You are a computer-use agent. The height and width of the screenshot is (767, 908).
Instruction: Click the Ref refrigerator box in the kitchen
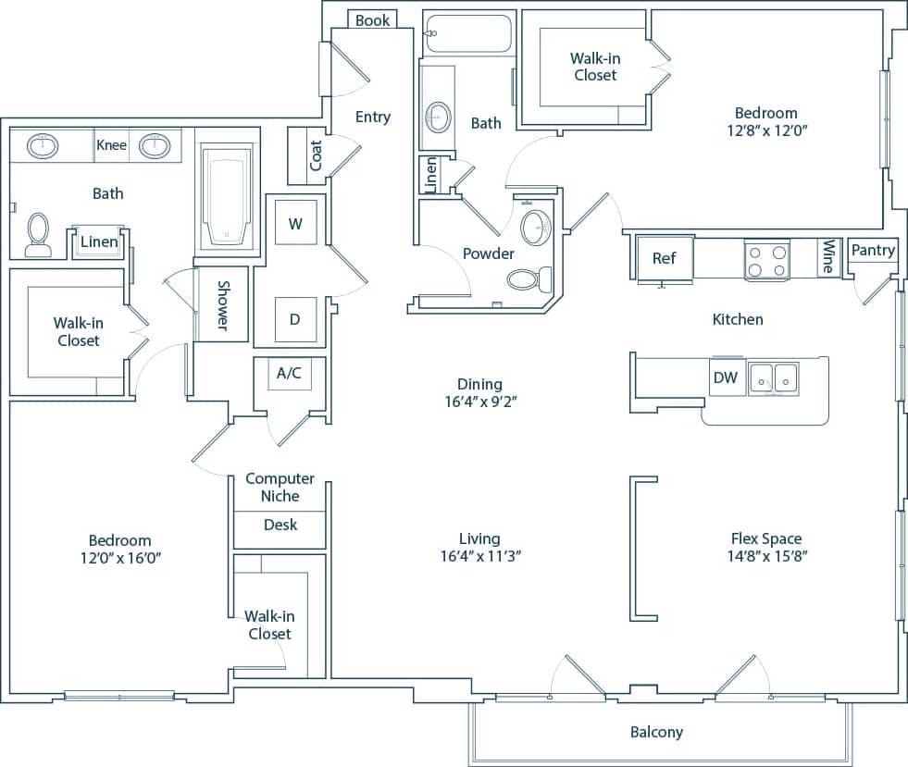point(664,258)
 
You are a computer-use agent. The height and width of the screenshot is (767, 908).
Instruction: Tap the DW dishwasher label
point(726,377)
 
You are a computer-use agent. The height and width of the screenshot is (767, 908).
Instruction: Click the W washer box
point(295,223)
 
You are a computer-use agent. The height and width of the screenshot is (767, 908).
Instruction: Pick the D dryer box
point(295,319)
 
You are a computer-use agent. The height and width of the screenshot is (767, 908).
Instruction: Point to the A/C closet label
point(289,374)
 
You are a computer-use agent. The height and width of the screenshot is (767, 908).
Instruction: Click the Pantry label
point(873,251)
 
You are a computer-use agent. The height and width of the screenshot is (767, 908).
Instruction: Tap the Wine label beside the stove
point(828,257)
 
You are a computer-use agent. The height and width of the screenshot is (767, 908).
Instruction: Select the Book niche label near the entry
point(372,19)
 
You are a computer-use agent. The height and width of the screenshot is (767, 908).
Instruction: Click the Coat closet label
point(316,155)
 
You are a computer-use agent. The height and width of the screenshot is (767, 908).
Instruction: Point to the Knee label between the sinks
point(111,145)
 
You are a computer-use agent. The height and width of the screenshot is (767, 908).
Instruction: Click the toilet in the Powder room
point(530,278)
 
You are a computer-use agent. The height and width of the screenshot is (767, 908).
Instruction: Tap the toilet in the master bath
point(38,234)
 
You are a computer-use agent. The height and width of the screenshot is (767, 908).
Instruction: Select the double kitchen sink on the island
point(774,377)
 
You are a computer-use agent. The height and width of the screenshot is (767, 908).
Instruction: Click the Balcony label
point(656,732)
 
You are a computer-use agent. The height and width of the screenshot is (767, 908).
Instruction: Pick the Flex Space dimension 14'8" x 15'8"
point(765,557)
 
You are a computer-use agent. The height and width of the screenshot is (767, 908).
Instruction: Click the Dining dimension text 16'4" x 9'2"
point(479,402)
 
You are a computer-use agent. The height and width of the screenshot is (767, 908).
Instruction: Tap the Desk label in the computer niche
point(280,525)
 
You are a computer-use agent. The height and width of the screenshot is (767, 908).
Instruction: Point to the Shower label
point(223,304)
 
